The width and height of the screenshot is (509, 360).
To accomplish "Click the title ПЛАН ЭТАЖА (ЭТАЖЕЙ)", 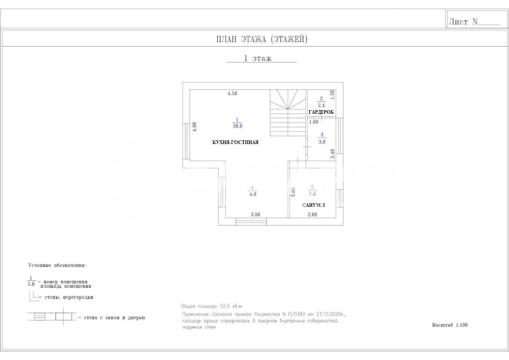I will click(262, 39).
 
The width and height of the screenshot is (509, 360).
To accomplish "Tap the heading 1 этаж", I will click(258, 58).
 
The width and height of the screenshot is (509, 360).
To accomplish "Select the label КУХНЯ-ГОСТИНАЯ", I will click(235, 142).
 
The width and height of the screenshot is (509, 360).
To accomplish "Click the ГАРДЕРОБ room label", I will click(321, 112).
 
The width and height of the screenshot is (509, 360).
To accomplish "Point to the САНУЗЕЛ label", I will click(313, 205).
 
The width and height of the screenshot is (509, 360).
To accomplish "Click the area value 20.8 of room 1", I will click(237, 126).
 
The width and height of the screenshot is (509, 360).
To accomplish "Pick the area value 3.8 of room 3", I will click(322, 141).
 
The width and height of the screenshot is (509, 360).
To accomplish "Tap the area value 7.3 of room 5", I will click(312, 194).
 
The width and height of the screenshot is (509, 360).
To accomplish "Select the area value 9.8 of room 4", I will click(252, 195).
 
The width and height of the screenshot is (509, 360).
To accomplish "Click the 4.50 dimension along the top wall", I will click(232, 93).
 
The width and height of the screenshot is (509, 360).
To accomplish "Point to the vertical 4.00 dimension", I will click(194, 126).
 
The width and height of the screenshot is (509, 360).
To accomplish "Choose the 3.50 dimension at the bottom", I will click(255, 214).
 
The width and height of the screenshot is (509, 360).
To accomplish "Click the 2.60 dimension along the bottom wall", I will click(313, 214).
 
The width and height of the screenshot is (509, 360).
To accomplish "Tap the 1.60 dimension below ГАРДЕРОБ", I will click(313, 122).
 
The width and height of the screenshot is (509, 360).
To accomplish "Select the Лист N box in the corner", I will click(474, 22).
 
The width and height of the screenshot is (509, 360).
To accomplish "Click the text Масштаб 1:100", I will click(450, 325).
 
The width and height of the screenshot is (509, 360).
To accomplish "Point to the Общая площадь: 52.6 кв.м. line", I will click(212, 306).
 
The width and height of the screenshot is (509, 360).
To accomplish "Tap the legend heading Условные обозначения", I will click(57, 265).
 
